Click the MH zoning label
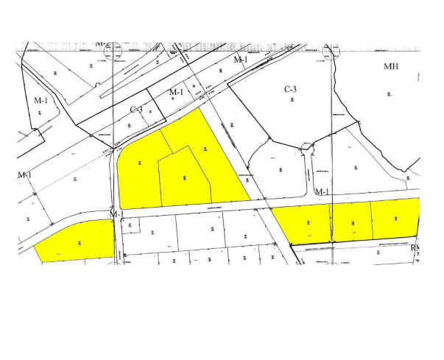[391, 66]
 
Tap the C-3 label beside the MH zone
[291, 89]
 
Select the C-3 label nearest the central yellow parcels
[136, 110]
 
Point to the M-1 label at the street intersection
[116, 213]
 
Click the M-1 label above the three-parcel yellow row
[321, 192]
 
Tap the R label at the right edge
[414, 248]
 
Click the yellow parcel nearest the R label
[394, 219]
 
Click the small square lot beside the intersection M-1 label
[130, 225]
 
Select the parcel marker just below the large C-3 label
[292, 99]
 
